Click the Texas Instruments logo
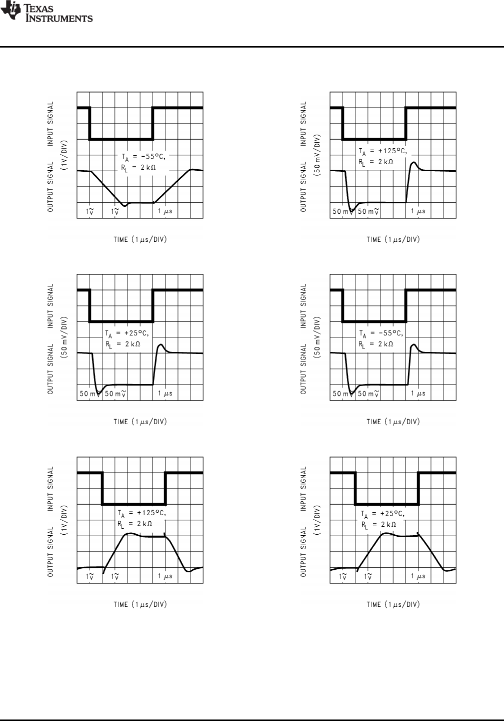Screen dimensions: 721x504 coord(46,14)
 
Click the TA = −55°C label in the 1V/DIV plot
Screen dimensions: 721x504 coord(143,157)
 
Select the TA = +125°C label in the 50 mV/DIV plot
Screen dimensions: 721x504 coord(382,151)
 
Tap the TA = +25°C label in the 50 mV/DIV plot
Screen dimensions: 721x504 coord(127,333)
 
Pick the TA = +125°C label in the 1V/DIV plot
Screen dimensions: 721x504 coord(141,514)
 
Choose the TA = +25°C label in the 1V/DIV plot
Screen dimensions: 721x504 coord(382,514)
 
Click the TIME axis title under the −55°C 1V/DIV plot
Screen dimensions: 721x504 coord(140,239)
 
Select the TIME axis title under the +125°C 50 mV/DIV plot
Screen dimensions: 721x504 coord(393,239)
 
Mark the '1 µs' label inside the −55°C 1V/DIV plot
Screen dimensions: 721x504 coord(165,211)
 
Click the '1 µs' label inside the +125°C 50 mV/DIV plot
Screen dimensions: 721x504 coord(418,211)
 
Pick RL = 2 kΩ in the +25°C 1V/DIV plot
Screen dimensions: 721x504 coord(378,525)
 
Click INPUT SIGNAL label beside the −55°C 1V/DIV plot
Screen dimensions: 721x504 coord(51,123)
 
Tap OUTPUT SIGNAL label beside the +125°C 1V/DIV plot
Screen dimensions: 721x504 coord(51,552)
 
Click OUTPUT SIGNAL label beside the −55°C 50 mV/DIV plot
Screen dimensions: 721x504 coord(304,369)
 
